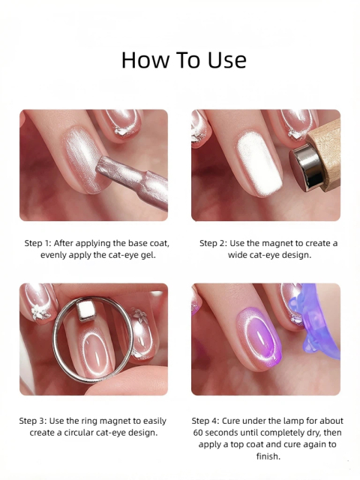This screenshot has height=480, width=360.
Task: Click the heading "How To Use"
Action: [183, 60]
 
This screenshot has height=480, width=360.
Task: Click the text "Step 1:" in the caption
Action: [40, 243]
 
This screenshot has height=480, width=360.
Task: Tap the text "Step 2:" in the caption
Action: [215, 243]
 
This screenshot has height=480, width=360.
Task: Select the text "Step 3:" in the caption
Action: [34, 421]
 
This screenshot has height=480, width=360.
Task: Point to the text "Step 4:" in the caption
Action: [208, 421]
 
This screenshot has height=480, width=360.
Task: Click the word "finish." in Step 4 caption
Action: [266, 457]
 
